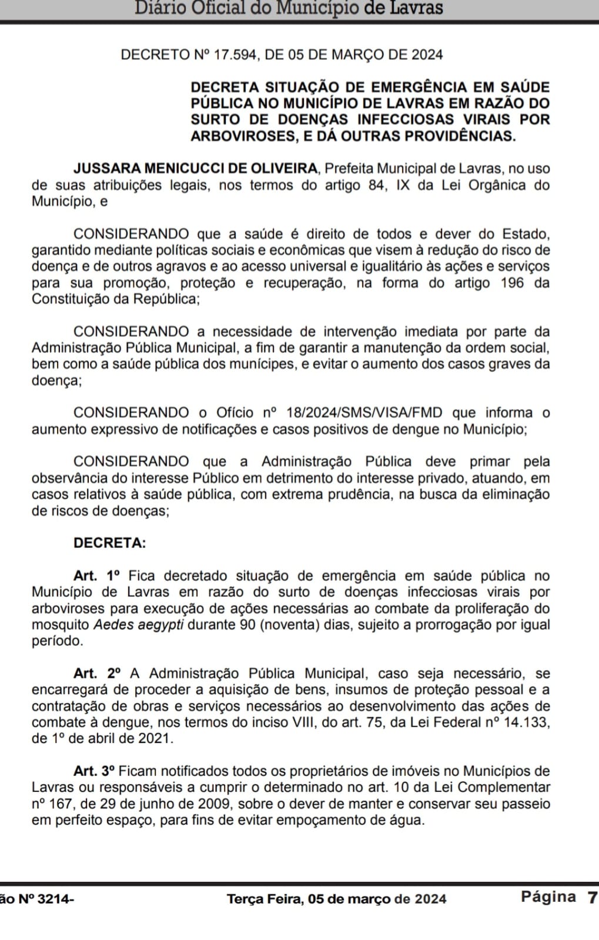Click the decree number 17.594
235,55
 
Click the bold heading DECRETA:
109,543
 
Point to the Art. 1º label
96,576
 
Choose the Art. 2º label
97,673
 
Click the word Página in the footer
548,896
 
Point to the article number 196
512,283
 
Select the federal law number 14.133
527,722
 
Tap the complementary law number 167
59,804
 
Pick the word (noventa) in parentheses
289,624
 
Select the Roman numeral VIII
304,722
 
